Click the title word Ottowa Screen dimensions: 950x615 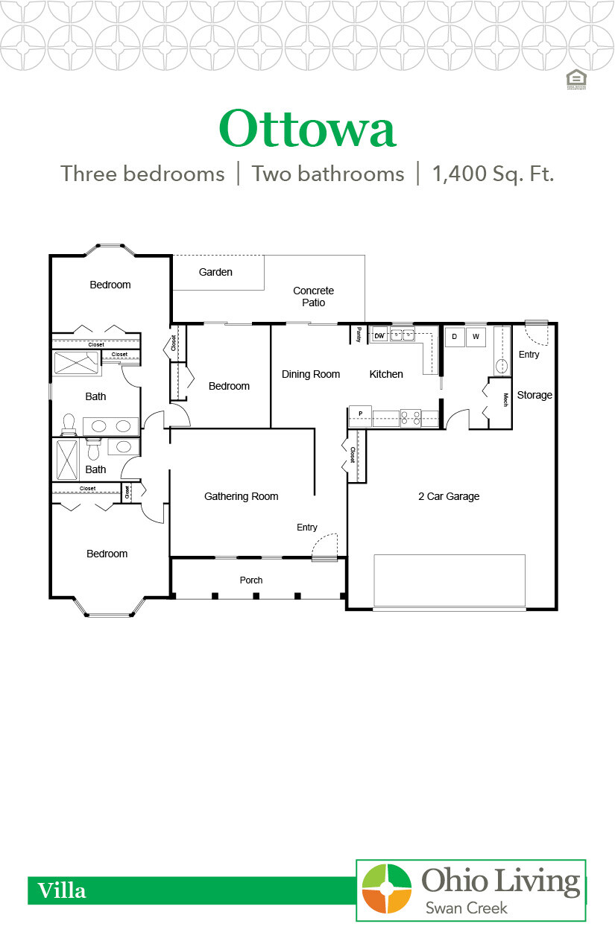306,129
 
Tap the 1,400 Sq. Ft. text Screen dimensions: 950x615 493,174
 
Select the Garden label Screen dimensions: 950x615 215,273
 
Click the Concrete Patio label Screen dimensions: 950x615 313,297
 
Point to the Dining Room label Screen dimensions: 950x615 310,374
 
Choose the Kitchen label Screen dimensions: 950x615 386,374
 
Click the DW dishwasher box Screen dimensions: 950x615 379,336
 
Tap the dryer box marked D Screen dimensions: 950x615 454,337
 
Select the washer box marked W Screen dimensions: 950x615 476,337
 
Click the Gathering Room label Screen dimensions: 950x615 241,496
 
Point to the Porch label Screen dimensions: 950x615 251,580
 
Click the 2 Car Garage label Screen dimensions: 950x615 448,496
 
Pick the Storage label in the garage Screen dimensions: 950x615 534,395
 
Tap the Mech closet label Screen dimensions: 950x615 505,399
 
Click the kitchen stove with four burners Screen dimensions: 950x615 411,417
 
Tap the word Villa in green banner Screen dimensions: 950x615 62,890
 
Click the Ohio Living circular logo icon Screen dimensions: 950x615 386,889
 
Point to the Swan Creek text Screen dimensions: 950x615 466,908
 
